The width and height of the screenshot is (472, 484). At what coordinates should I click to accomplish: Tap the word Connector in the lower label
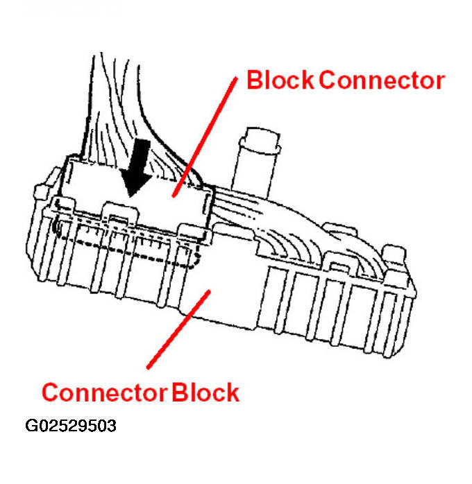point(103,392)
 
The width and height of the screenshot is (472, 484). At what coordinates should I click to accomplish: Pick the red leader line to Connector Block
point(178,329)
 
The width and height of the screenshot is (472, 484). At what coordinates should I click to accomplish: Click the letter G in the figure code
point(33,425)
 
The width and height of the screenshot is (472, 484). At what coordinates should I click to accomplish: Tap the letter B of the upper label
point(255,81)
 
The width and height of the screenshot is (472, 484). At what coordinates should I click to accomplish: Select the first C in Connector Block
point(50,392)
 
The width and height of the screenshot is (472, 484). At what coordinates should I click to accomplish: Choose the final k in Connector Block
point(233,392)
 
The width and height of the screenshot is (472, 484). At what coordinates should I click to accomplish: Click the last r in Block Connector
point(439,81)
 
